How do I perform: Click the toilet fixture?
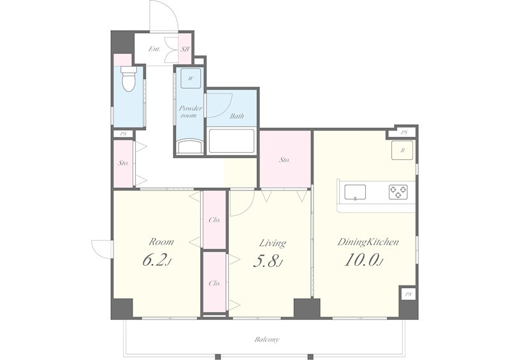129,78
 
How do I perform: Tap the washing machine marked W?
191,78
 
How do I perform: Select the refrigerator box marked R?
402,150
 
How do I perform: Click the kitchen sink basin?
355,192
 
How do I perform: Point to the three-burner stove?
398,192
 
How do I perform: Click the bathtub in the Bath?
231,141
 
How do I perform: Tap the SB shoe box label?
185,50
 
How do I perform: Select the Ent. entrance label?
154,49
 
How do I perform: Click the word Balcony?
266,340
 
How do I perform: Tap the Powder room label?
191,112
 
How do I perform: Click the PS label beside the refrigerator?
404,133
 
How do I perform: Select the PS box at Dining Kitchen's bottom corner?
408,294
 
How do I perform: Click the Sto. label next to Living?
284,160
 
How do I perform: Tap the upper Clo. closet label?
214,220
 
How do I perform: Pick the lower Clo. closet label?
214,284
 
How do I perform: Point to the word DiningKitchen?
368,242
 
